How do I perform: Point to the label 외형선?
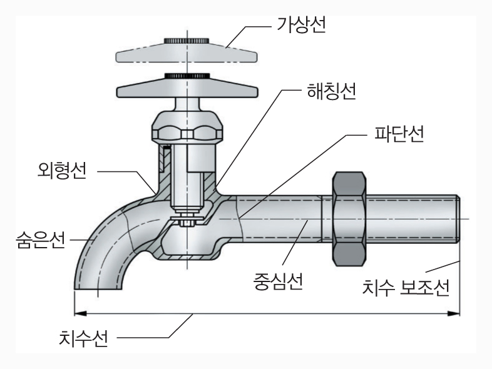coord(61,171)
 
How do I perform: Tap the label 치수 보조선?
coord(406,288)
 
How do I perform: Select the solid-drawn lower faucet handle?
coord(186,88)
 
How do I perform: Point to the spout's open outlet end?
coord(97,288)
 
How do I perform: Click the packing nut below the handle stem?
coord(186,128)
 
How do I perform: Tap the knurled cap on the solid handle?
coord(186,77)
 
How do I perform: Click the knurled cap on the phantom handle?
coord(186,41)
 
